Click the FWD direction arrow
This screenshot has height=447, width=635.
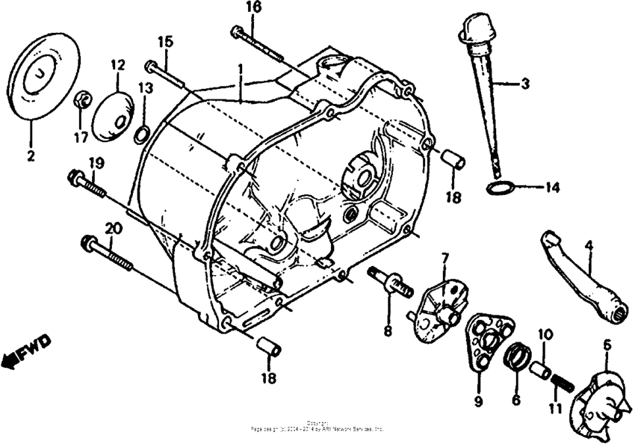pyautogui.click(x=26, y=351)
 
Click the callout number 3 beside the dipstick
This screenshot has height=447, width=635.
pyautogui.click(x=525, y=84)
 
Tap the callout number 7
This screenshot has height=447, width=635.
pyautogui.click(x=444, y=259)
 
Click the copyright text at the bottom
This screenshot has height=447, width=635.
pyautogui.click(x=317, y=427)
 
